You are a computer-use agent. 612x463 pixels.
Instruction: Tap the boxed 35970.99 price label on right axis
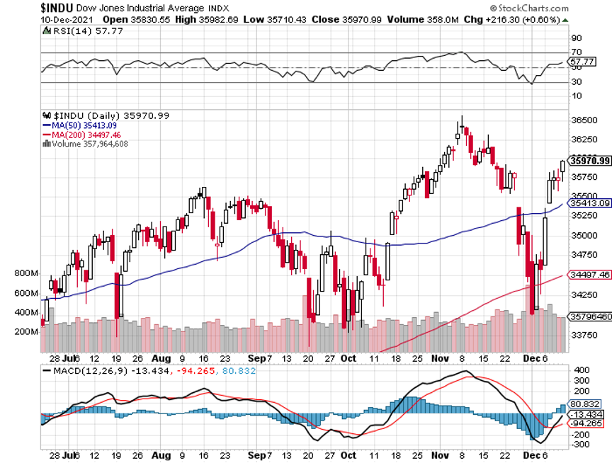pos(589,160)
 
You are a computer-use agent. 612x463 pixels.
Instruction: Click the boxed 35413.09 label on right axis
pos(589,203)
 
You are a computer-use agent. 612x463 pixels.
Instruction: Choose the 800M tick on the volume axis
pos(24,273)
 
